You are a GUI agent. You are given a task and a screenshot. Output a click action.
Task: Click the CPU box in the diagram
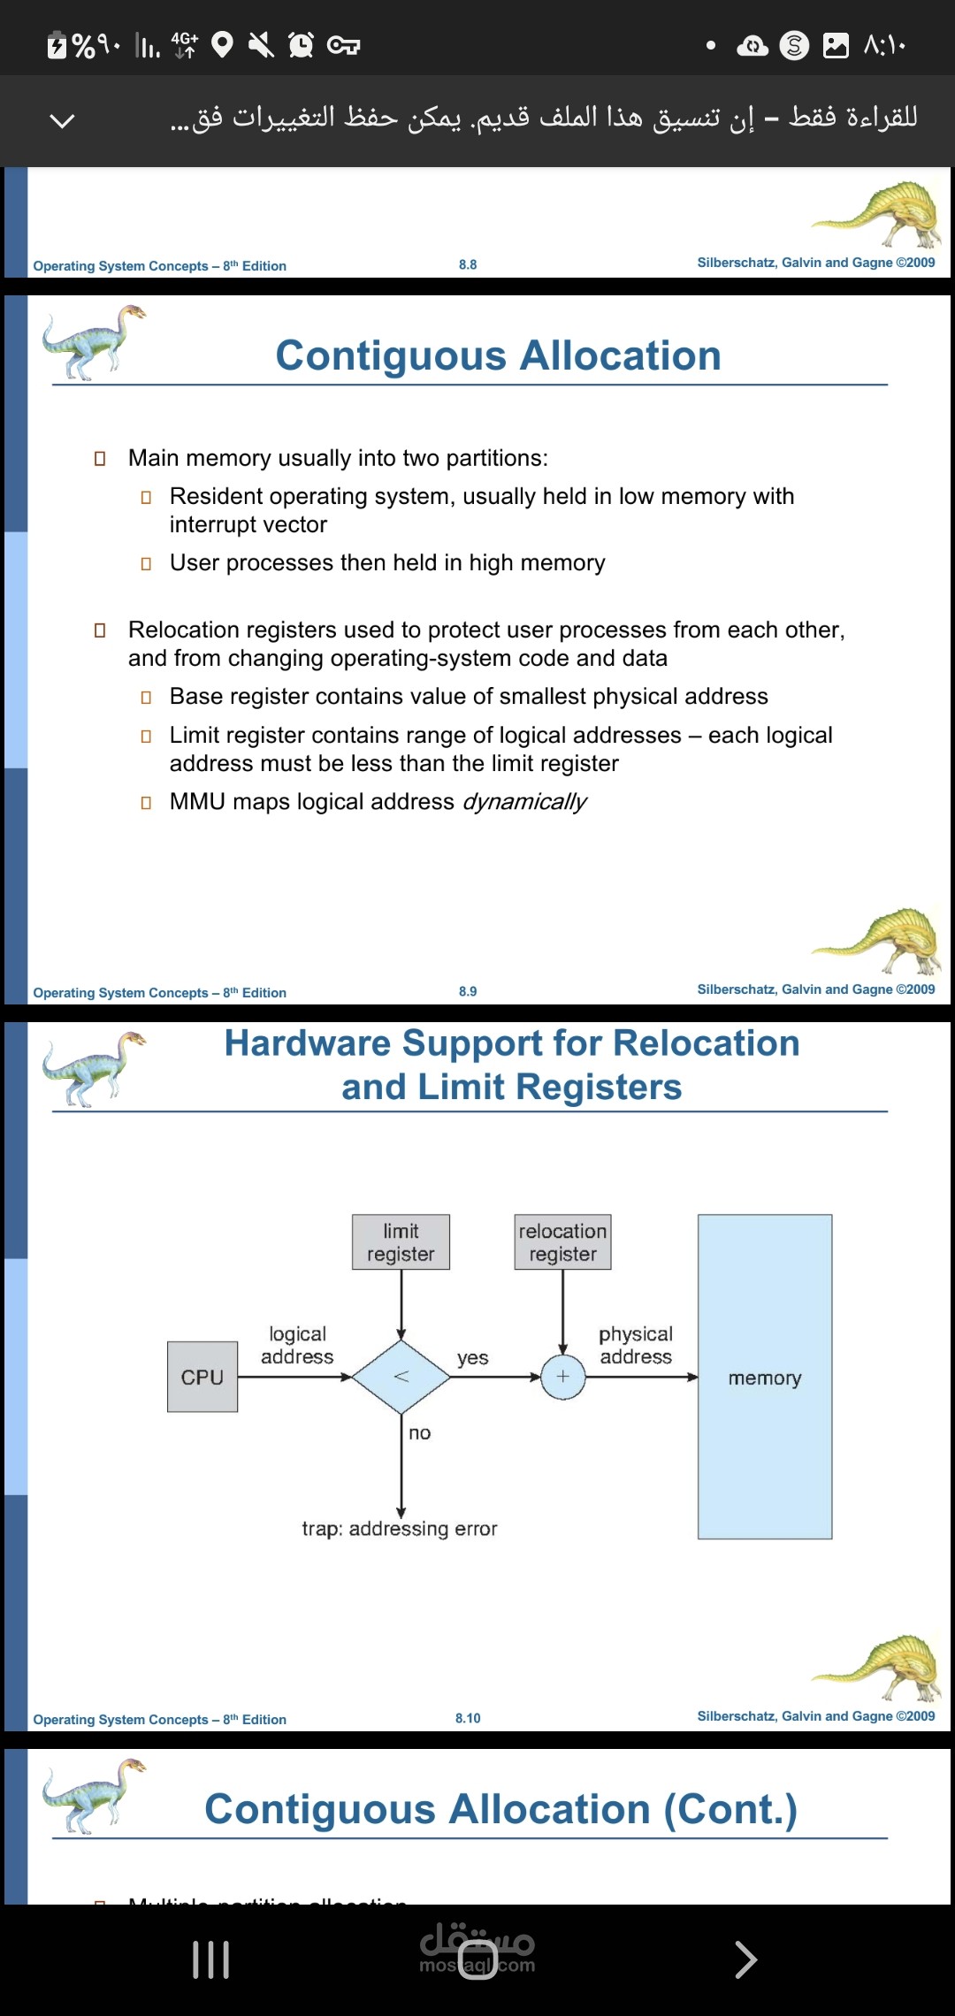202,1377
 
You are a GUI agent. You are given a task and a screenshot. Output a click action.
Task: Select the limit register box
401,1242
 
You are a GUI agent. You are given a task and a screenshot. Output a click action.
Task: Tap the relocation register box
562,1242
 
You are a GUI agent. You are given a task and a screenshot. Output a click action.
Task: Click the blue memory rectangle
765,1377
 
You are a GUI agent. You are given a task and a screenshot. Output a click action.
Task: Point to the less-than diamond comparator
401,1377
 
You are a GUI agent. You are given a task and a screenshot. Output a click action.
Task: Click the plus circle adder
562,1377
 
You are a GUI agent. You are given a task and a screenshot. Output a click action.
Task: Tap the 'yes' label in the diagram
473,1358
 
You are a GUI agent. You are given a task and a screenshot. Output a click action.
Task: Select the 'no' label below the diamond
420,1433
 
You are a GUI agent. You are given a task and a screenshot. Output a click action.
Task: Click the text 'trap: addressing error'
400,1529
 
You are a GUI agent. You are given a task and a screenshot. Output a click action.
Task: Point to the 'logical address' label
297,1345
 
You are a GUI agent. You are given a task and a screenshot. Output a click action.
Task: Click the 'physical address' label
636,1345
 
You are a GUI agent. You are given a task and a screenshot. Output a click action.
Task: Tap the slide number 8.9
468,991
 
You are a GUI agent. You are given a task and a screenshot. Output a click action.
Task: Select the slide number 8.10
468,1718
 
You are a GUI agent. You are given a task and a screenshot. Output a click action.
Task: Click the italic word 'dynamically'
524,802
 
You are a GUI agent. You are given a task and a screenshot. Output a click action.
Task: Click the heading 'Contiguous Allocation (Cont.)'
500,1809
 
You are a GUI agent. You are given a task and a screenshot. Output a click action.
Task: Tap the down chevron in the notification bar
62,120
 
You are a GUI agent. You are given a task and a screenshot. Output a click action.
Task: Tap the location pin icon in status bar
223,44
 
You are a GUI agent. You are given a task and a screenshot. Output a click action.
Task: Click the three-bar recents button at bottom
211,1959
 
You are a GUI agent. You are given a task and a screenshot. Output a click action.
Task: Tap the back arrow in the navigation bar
745,1959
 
